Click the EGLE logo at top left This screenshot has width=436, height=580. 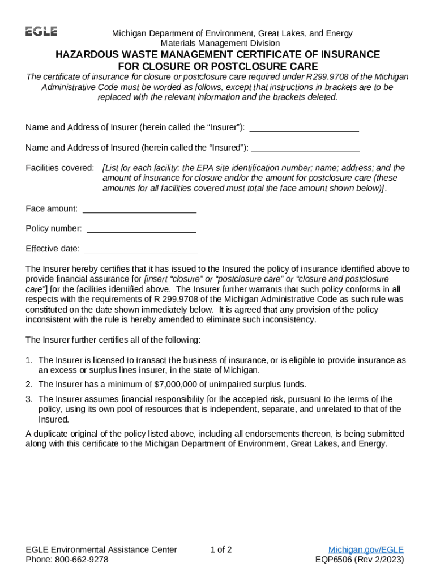tap(41, 32)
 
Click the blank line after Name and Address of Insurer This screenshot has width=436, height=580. tap(304, 127)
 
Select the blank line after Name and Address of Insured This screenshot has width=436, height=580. tap(305, 148)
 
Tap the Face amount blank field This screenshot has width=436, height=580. tap(139, 209)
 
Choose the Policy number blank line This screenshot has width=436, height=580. tap(142, 229)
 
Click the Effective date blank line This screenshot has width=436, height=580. tap(141, 249)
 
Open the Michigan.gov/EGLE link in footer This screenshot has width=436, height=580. tap(366, 549)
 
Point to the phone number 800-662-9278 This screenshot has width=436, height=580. tap(83, 560)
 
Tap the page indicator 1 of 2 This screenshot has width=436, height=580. tap(221, 549)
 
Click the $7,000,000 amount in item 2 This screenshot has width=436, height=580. tap(178, 384)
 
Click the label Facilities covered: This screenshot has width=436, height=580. tap(60, 168)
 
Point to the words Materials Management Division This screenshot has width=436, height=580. tap(220, 43)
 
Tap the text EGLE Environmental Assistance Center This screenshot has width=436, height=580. tap(101, 549)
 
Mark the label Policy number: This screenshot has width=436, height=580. tap(54, 229)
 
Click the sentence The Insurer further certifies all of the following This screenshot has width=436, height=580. tap(113, 340)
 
